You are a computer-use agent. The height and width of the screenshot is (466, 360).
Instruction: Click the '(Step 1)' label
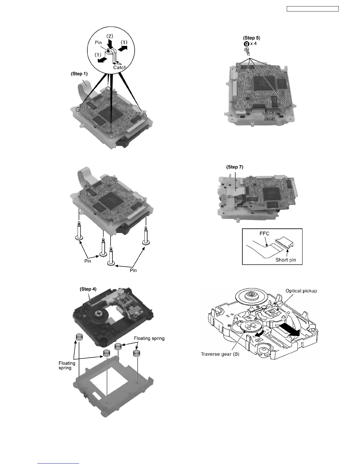(x=79, y=74)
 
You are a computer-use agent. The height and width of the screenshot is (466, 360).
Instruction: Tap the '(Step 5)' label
(x=251, y=38)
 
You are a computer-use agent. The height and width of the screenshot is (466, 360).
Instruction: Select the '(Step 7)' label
(x=235, y=167)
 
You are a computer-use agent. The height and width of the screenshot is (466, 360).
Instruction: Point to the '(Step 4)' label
(x=88, y=289)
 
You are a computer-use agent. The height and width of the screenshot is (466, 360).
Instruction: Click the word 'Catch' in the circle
(x=120, y=67)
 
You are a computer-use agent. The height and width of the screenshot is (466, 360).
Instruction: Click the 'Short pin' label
(x=285, y=260)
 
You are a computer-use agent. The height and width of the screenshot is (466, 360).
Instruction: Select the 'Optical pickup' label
(x=301, y=291)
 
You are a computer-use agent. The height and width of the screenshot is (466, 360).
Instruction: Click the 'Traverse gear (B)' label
(x=220, y=354)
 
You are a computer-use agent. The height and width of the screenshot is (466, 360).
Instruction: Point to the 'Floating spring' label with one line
(x=149, y=338)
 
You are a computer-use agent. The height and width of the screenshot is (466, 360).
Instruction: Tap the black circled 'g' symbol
(x=247, y=44)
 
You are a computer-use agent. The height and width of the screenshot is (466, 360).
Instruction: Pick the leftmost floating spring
(x=79, y=337)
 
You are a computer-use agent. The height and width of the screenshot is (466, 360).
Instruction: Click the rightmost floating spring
(x=136, y=353)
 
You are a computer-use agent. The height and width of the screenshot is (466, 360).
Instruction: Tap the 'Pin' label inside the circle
(x=98, y=43)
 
